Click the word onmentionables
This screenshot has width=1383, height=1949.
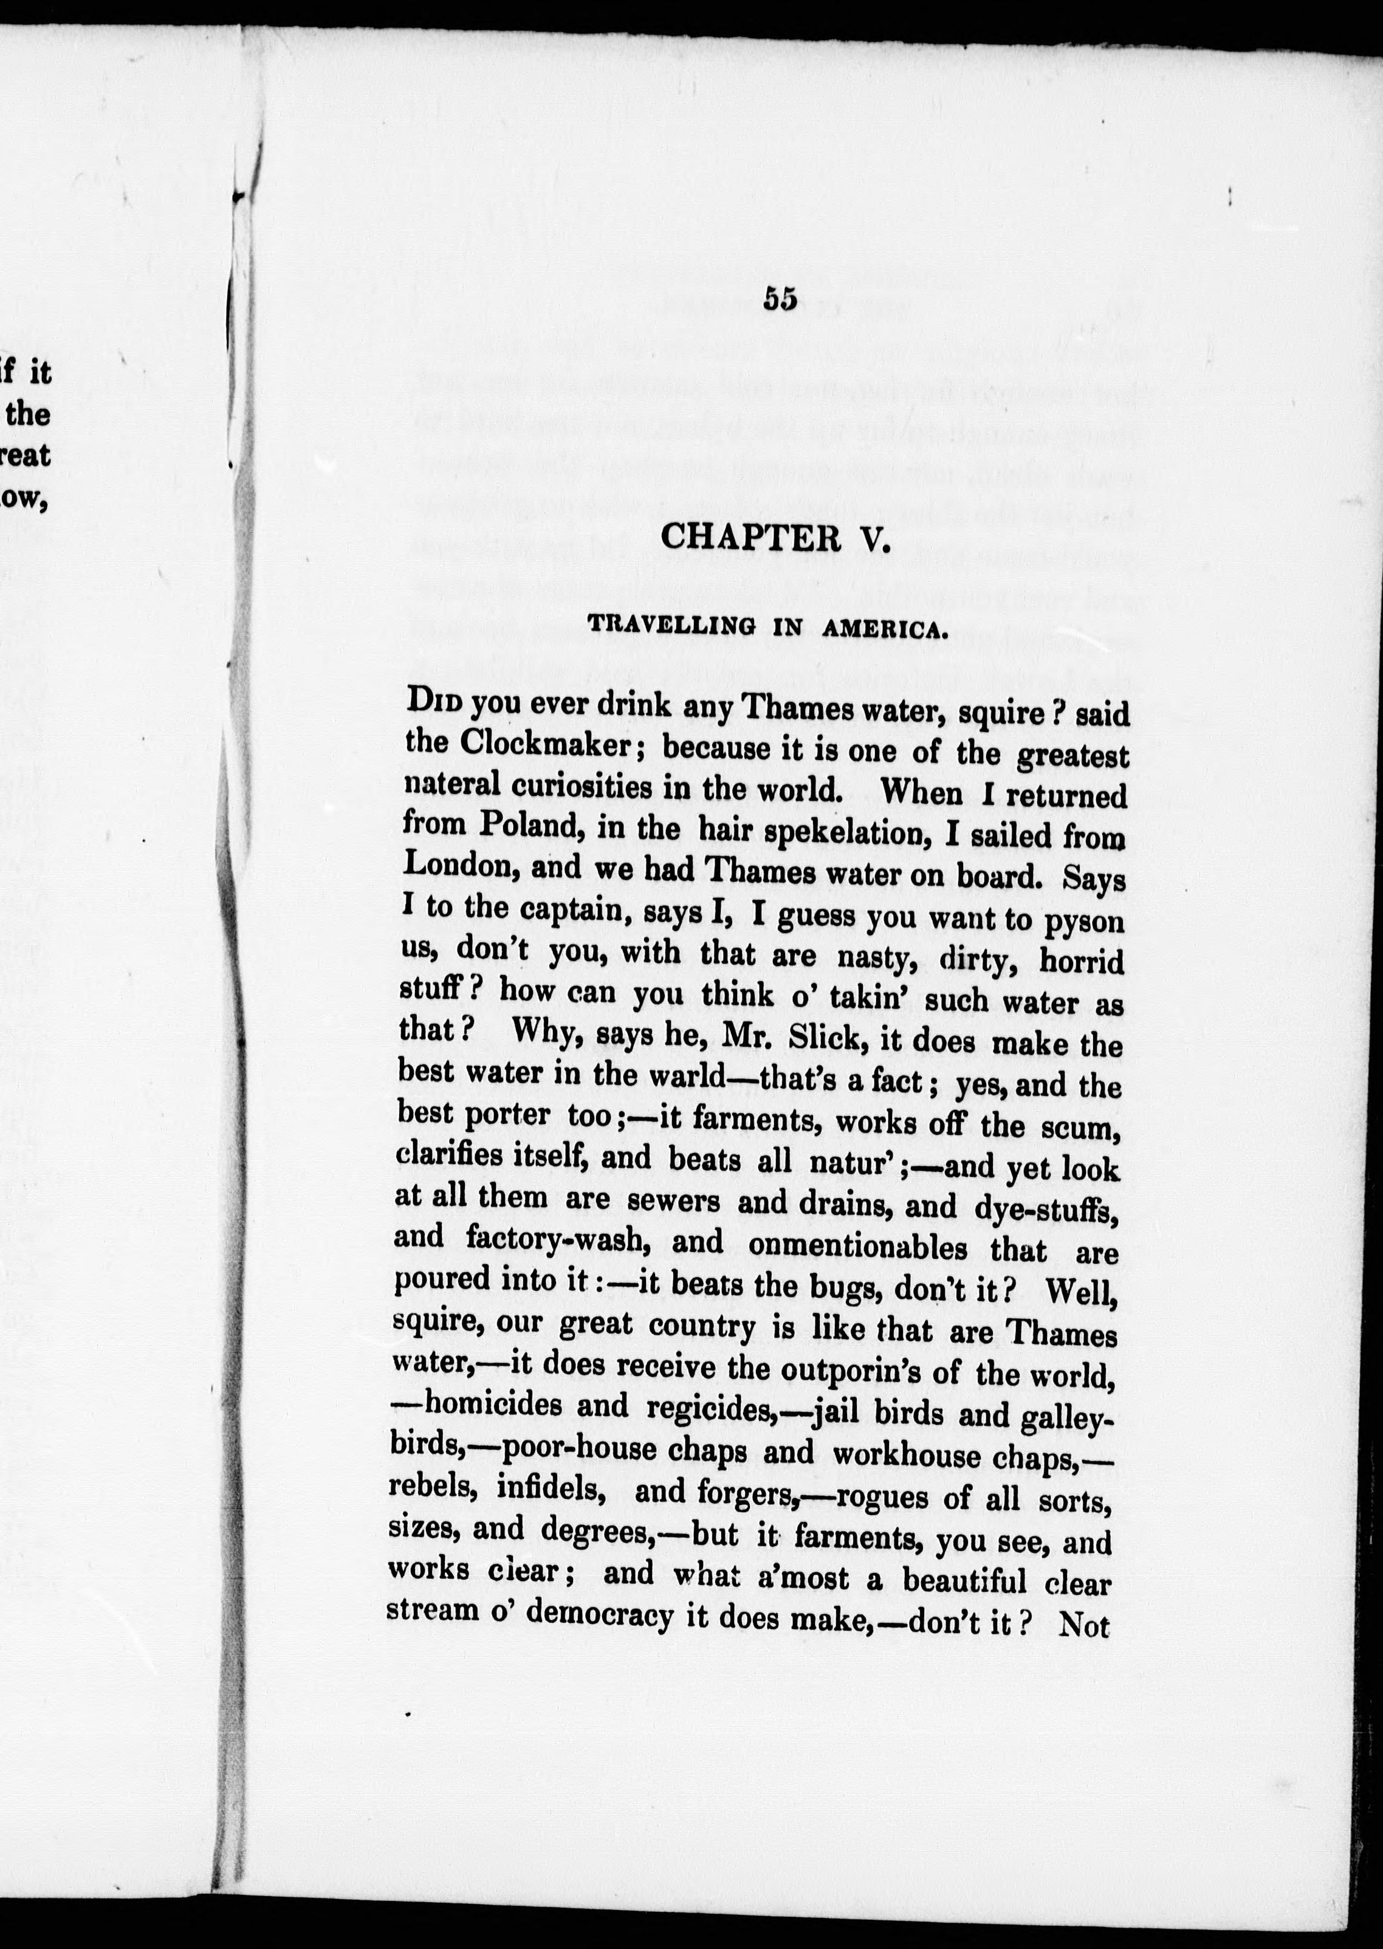[857, 1247]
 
